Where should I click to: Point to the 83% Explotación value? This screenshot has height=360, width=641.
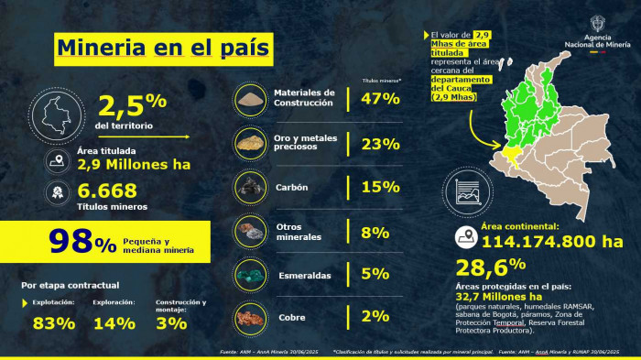53,322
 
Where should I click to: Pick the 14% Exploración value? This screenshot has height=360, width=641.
114,322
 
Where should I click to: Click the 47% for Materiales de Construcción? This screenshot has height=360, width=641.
380,98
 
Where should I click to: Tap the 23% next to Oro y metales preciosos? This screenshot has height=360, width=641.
380,144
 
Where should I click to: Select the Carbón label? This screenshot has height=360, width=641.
291,188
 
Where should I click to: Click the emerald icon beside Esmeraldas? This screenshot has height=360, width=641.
250,274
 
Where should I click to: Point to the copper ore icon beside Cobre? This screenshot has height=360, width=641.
250,318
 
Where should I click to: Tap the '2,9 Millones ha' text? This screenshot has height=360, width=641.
133,165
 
